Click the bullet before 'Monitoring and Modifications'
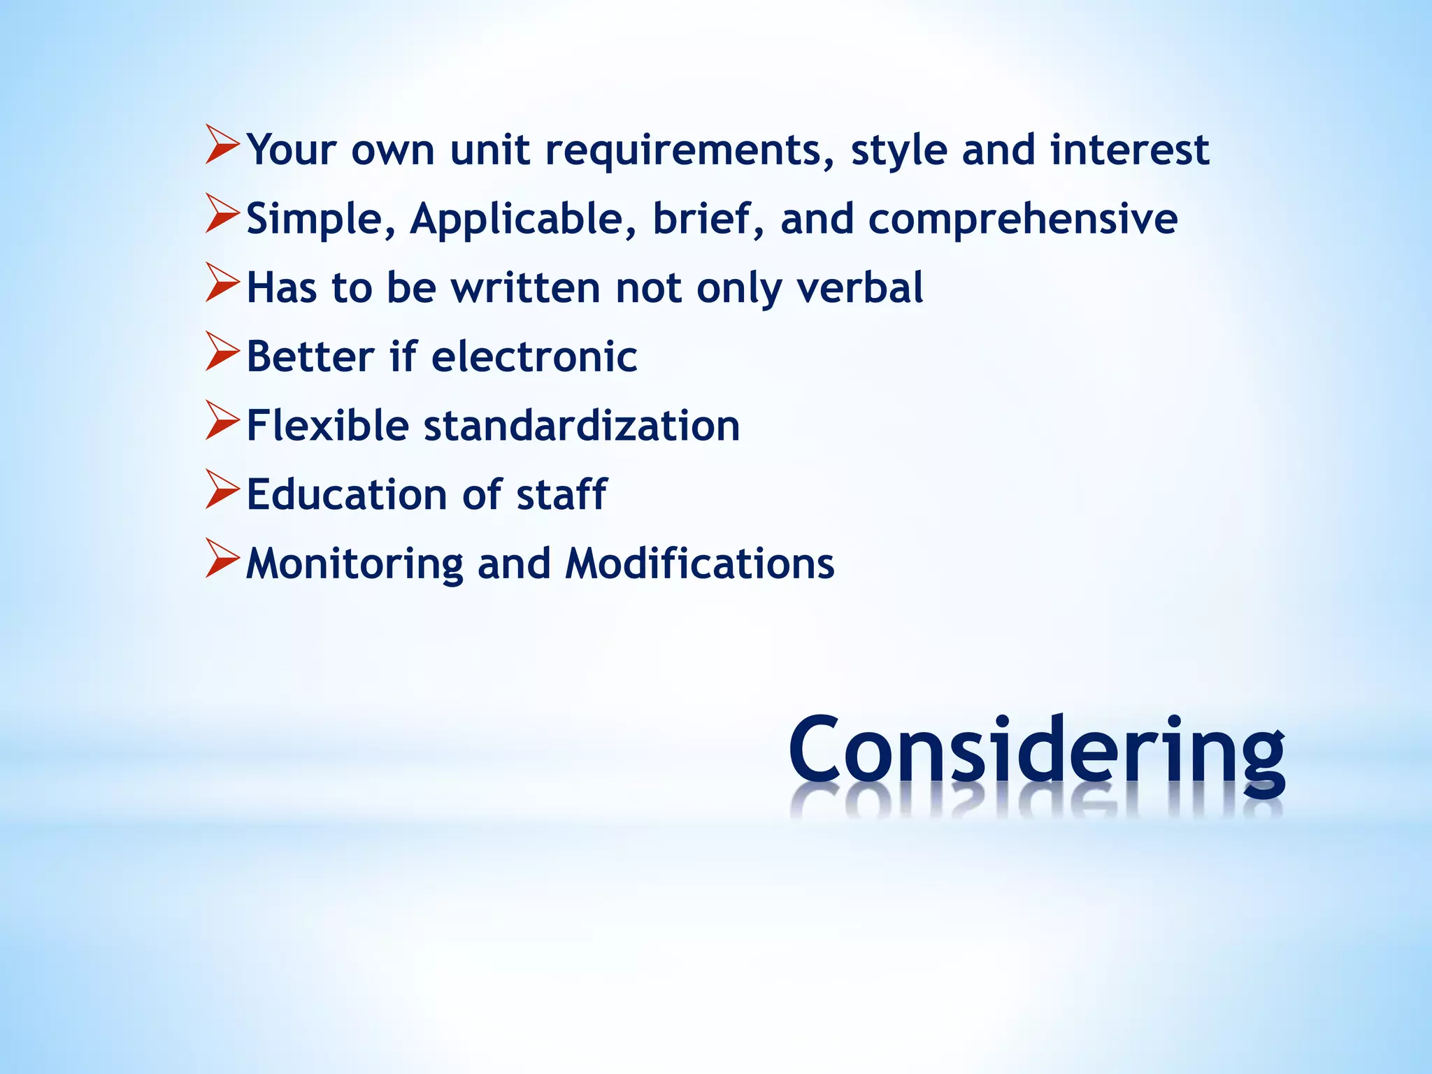click(222, 559)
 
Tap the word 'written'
click(525, 287)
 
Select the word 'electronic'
click(534, 357)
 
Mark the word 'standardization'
click(582, 425)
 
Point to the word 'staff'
click(561, 494)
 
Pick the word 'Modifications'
click(700, 563)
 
